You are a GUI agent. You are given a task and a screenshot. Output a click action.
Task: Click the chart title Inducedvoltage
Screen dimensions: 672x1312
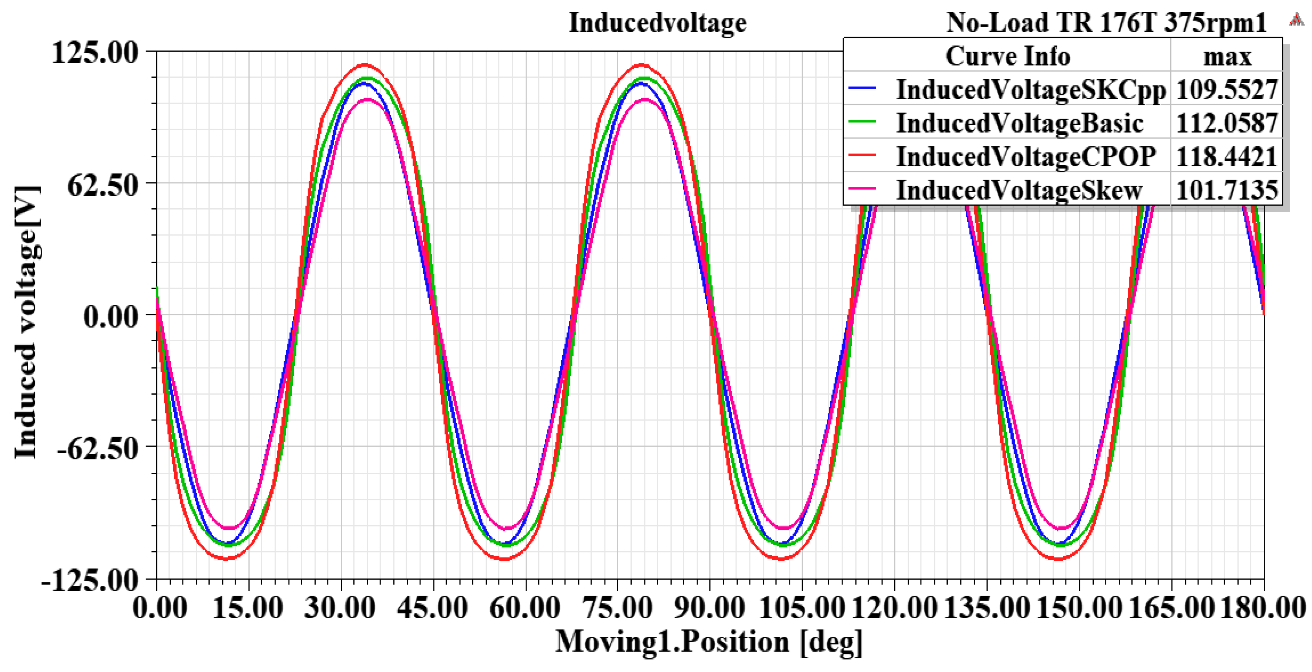[x=657, y=23]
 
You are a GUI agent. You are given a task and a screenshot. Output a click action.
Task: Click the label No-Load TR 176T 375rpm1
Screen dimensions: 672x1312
[x=1105, y=23]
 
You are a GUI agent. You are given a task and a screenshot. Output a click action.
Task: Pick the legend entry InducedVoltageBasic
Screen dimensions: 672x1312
[x=1019, y=124]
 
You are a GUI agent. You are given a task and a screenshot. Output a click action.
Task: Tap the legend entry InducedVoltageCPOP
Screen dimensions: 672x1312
[x=1026, y=156]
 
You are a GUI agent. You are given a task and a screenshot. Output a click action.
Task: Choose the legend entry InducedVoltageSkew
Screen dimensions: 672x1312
[x=1019, y=190]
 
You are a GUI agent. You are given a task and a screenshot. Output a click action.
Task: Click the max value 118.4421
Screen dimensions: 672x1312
[x=1226, y=156]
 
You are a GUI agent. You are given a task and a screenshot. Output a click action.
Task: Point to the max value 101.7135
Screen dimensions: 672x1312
[x=1226, y=190]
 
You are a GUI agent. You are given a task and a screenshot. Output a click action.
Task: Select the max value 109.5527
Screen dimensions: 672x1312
[x=1226, y=90]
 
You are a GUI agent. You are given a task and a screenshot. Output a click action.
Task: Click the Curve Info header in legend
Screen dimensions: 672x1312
[x=1007, y=56]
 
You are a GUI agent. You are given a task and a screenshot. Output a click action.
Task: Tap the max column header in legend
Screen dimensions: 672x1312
[x=1226, y=56]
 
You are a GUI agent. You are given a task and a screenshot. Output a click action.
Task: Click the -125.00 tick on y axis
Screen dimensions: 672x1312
[x=90, y=580]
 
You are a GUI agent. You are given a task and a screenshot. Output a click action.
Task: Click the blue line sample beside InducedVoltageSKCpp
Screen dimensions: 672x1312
[x=862, y=88]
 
